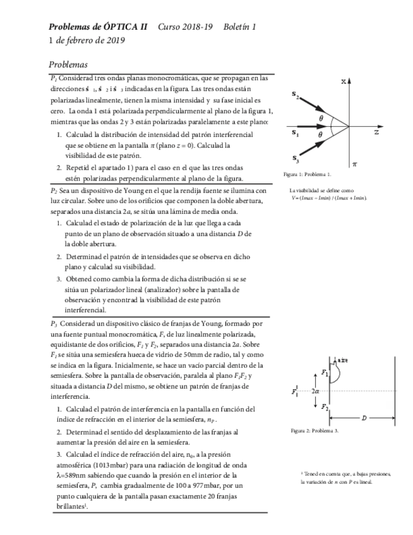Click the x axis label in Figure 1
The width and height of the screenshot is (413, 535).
point(344,81)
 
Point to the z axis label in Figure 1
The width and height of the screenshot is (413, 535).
point(376,133)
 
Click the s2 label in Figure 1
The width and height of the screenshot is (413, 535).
point(296,95)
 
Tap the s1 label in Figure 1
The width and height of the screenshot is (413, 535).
point(296,132)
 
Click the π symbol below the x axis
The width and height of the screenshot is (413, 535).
point(354,163)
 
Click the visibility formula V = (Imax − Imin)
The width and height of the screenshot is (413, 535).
point(325,198)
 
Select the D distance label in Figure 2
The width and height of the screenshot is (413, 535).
point(364,418)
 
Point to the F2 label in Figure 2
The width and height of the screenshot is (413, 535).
point(325,408)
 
